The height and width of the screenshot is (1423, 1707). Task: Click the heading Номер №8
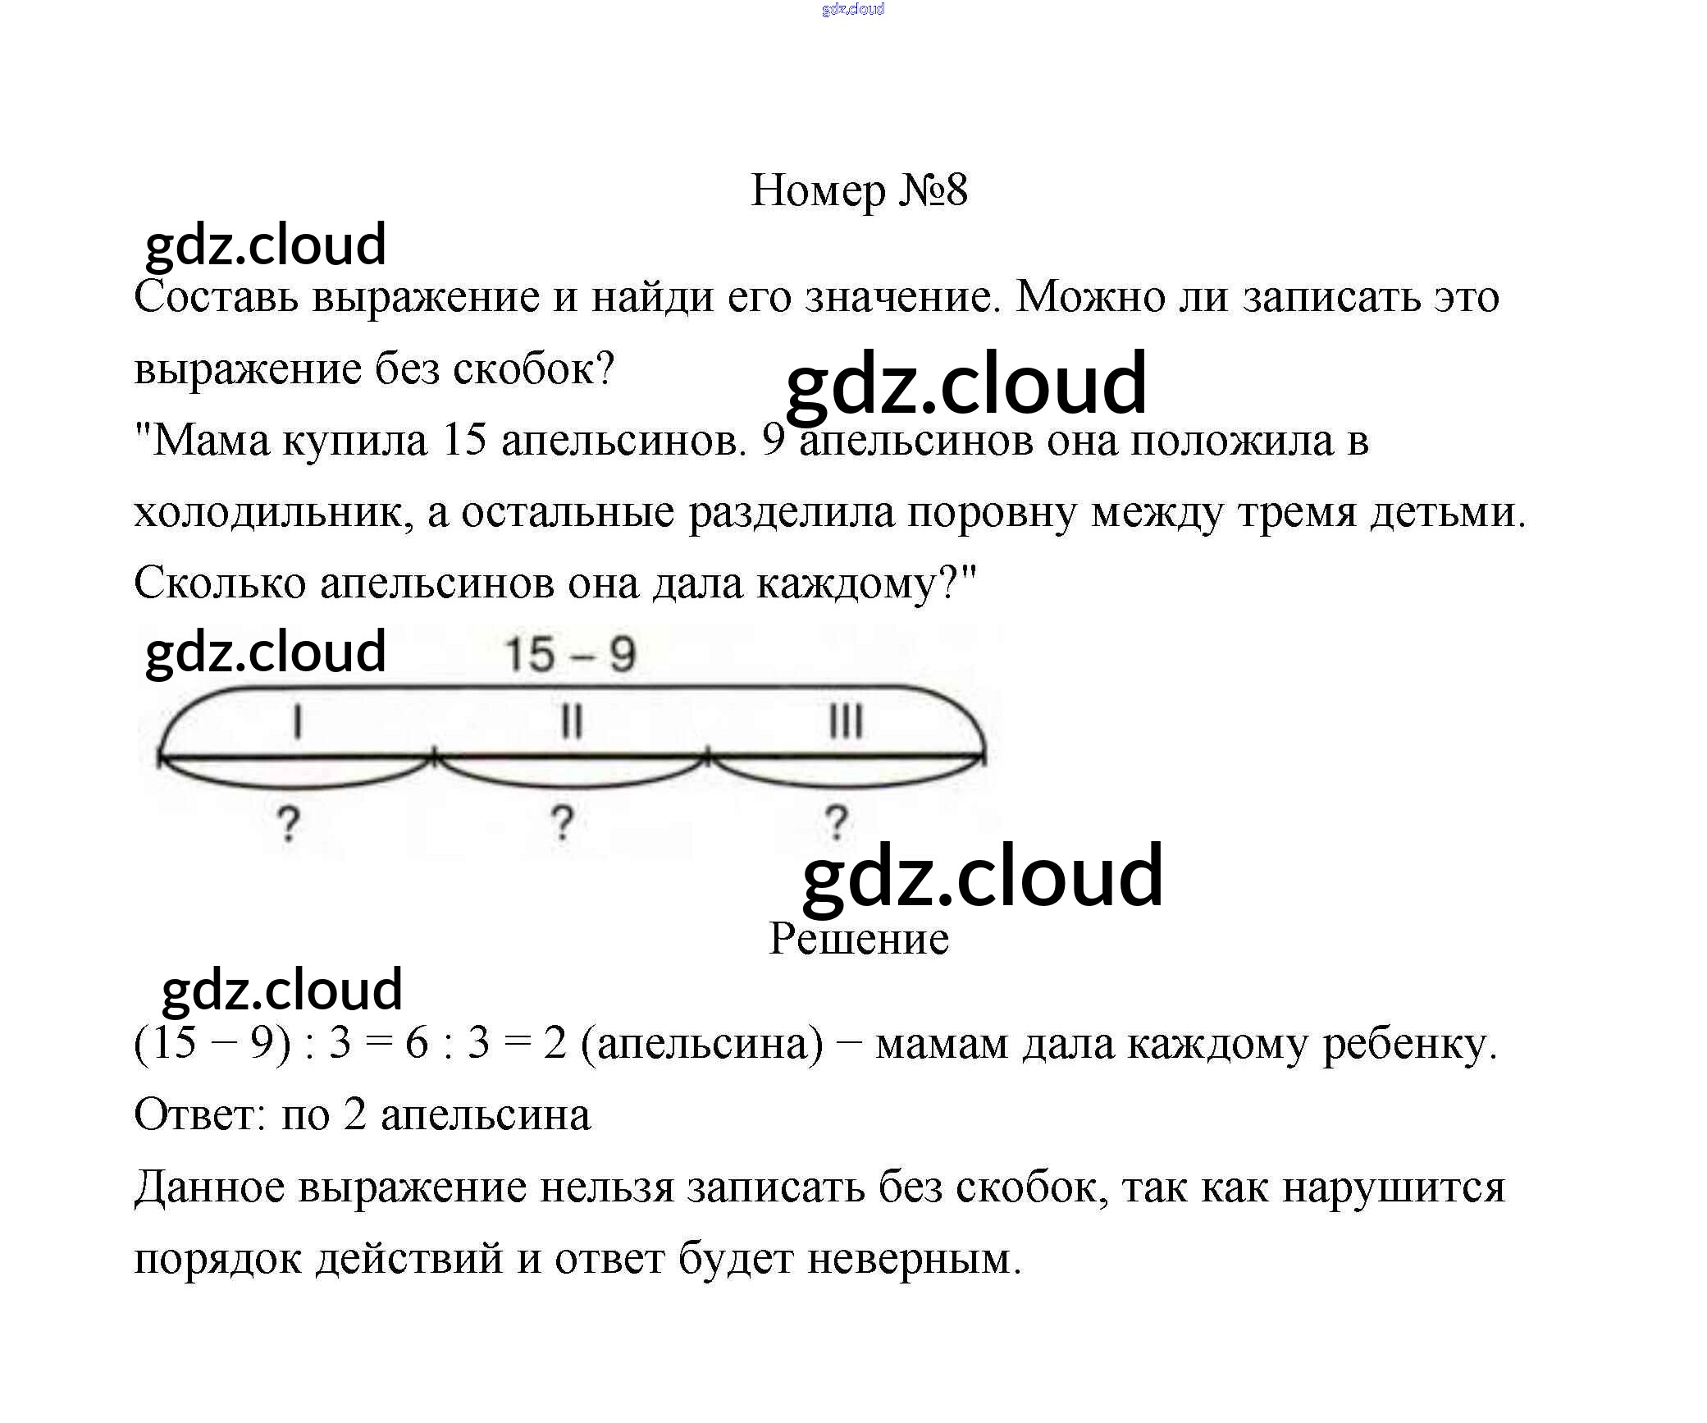click(x=859, y=191)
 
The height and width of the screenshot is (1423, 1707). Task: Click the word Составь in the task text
click(x=215, y=297)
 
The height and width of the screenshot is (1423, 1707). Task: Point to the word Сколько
click(x=219, y=584)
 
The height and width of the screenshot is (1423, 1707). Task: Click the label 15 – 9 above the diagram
click(x=570, y=655)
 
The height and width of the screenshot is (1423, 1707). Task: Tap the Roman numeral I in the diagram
click(x=297, y=723)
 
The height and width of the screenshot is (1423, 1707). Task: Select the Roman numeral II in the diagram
click(x=571, y=723)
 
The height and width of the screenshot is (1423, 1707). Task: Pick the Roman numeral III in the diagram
click(x=846, y=723)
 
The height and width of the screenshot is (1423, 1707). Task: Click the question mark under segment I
click(x=288, y=824)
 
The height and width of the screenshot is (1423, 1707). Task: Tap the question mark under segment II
click(x=562, y=824)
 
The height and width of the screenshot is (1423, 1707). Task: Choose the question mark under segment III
click(x=836, y=824)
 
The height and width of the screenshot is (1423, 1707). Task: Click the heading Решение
click(x=859, y=939)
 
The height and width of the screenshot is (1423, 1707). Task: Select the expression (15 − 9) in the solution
click(x=212, y=1044)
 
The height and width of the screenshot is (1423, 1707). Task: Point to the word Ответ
click(x=196, y=1115)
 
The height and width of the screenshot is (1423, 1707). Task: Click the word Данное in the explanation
click(x=208, y=1187)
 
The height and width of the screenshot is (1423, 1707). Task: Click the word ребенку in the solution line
click(x=1409, y=1044)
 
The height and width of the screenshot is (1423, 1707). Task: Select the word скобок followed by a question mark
click(x=534, y=369)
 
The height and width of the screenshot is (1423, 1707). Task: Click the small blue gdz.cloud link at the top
click(x=853, y=9)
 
